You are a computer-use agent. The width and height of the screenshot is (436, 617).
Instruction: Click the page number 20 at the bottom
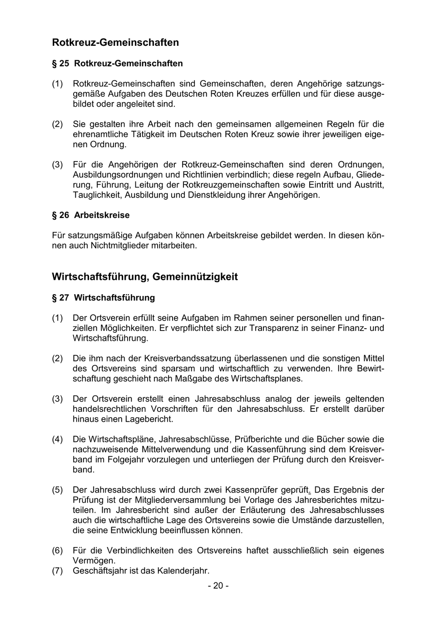tap(218, 586)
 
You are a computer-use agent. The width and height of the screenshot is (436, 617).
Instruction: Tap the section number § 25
tap(60, 64)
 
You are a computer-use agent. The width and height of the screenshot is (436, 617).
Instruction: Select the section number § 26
tap(60, 215)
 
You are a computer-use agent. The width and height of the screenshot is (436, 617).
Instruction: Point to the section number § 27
tap(60, 298)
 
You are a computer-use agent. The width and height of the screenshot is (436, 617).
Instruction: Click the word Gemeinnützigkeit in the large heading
tap(195, 277)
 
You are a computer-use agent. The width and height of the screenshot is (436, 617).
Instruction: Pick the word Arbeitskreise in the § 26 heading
tap(102, 215)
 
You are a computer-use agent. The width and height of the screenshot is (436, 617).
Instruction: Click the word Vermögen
tap(94, 561)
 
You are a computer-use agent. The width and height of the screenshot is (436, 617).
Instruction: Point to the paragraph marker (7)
tap(57, 571)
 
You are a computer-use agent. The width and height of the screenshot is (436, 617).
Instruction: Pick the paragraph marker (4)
tap(57, 439)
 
